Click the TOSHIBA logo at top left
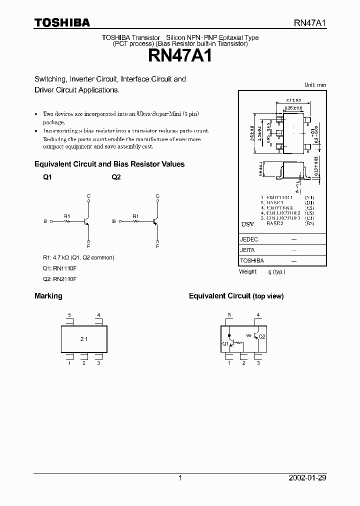(62, 22)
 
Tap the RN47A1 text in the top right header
(309, 23)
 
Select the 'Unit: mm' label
(315, 85)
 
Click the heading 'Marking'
(48, 296)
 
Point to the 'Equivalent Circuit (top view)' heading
(236, 296)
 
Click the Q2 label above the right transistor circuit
(116, 177)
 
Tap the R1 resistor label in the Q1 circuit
(67, 216)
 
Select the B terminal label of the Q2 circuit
(113, 221)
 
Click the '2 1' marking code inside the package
(83, 339)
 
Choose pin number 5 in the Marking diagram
(69, 315)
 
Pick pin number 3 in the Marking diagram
(98, 363)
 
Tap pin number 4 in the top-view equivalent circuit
(258, 315)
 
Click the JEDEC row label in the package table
(249, 239)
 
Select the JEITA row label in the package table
(248, 250)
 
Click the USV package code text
(247, 224)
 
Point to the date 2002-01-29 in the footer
(307, 478)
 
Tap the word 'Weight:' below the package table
(248, 271)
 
